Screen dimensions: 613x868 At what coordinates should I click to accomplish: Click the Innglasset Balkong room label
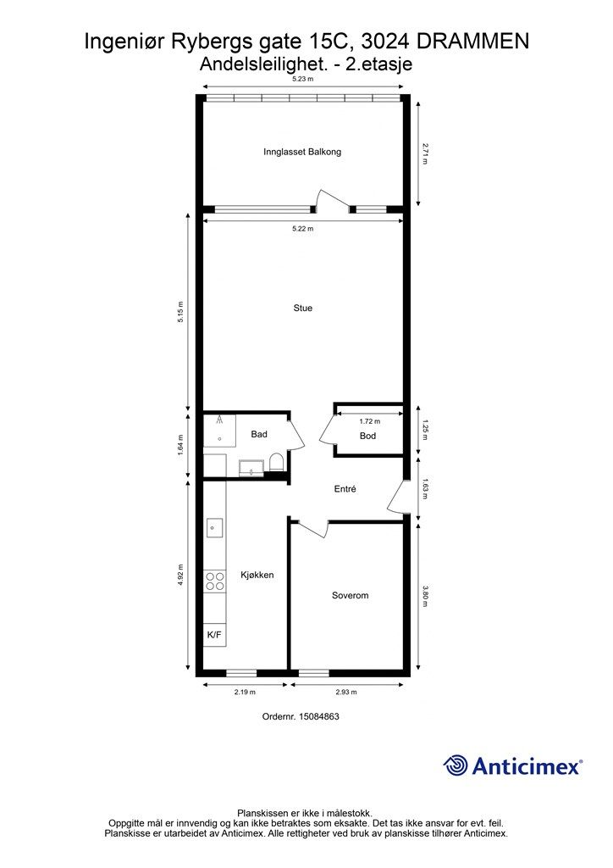(301, 152)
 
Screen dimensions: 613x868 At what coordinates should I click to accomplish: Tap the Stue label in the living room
(303, 309)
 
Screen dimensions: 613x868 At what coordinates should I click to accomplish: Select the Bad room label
(259, 434)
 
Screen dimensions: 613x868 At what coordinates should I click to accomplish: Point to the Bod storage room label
(367, 436)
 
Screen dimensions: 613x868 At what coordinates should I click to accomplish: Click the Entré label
(345, 489)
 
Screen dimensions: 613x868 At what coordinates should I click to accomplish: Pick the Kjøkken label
(257, 575)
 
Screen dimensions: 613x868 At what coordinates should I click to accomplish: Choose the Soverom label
(350, 595)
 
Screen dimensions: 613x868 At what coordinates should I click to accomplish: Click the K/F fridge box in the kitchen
(214, 635)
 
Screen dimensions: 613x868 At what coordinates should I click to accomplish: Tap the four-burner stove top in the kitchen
(215, 581)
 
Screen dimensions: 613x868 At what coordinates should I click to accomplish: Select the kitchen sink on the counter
(214, 527)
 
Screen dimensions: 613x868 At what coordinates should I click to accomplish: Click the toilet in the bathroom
(276, 462)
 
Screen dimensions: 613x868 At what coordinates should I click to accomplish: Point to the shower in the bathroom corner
(219, 431)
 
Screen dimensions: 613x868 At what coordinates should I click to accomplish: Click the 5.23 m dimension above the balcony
(303, 79)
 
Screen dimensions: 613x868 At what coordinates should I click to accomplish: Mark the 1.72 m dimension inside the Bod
(370, 421)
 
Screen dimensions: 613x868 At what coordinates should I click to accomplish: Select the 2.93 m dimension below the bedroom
(346, 692)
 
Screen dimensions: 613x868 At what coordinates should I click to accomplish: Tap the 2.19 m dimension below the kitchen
(245, 692)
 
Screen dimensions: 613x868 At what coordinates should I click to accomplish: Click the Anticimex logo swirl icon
(456, 765)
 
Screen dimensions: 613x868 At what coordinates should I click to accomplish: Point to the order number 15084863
(319, 716)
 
